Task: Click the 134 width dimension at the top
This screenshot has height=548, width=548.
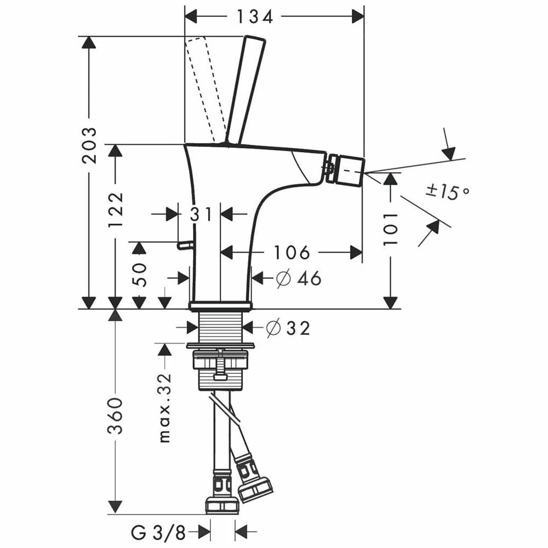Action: pyautogui.click(x=254, y=17)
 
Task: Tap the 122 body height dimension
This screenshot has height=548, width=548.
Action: pyautogui.click(x=116, y=210)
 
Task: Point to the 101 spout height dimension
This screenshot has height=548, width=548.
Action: pyautogui.click(x=390, y=229)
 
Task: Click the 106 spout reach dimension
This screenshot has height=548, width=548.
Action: pyautogui.click(x=292, y=253)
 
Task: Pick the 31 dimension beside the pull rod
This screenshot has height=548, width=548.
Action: pyautogui.click(x=201, y=214)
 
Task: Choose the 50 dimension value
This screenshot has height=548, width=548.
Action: pyautogui.click(x=139, y=275)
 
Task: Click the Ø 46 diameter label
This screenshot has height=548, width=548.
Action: pyautogui.click(x=299, y=278)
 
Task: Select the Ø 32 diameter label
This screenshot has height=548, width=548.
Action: pyautogui.click(x=288, y=328)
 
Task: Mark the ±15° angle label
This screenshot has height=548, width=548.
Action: pyautogui.click(x=448, y=192)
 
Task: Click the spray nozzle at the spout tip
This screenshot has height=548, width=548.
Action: pyautogui.click(x=346, y=169)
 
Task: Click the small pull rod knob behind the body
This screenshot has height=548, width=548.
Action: pyautogui.click(x=183, y=246)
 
